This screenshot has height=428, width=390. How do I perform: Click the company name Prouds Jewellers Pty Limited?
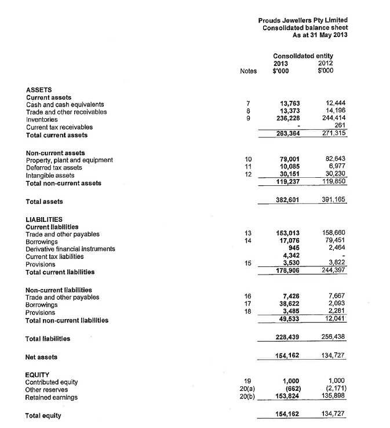[x=302, y=20]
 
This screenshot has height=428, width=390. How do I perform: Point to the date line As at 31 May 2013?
[x=320, y=35]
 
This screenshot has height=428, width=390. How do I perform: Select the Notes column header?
[x=247, y=71]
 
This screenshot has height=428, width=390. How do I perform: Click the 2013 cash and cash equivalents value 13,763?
[x=289, y=105]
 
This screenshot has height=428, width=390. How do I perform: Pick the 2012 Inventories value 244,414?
[x=333, y=120]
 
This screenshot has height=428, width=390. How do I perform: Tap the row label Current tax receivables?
[x=59, y=127]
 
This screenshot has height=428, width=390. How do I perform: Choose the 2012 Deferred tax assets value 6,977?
[x=336, y=167]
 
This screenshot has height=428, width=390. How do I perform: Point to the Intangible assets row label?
[x=50, y=175]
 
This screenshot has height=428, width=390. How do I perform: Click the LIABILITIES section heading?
[x=44, y=220]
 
